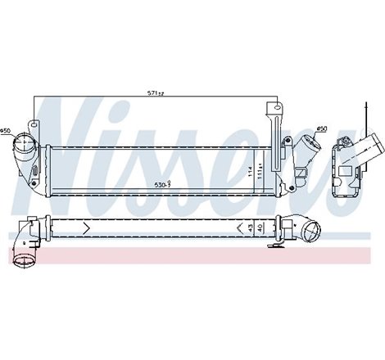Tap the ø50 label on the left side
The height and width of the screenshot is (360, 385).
click(x=6, y=131)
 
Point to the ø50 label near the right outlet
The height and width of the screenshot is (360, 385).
click(x=321, y=128)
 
